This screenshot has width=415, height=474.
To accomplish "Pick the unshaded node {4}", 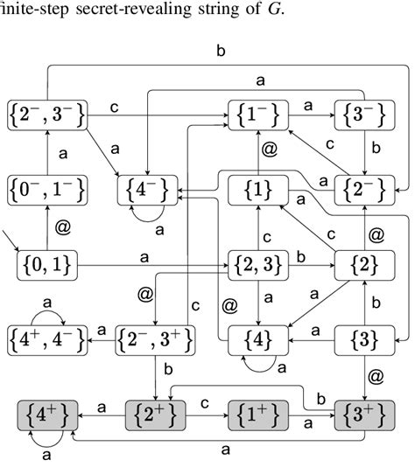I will [258, 337].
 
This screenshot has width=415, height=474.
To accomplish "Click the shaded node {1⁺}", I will [258, 410].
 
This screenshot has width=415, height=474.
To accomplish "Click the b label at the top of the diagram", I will [221, 51].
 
